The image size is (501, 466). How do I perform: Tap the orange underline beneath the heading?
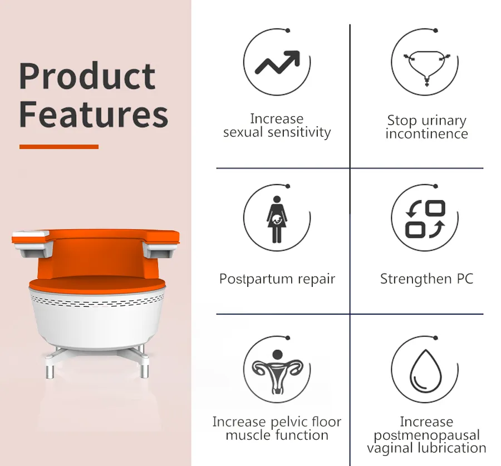click(x=59, y=147)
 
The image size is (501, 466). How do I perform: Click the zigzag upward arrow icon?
click(x=277, y=62)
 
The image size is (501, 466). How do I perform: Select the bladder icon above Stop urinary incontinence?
click(x=427, y=66)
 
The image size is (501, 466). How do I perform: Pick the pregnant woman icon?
click(x=277, y=218)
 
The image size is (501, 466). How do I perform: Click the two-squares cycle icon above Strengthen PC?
click(x=426, y=219)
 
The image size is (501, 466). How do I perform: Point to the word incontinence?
click(x=426, y=134)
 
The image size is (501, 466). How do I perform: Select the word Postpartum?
click(x=254, y=279)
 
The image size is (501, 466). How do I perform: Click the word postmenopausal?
click(x=426, y=435)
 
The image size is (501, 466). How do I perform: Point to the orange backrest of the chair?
click(x=98, y=251)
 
